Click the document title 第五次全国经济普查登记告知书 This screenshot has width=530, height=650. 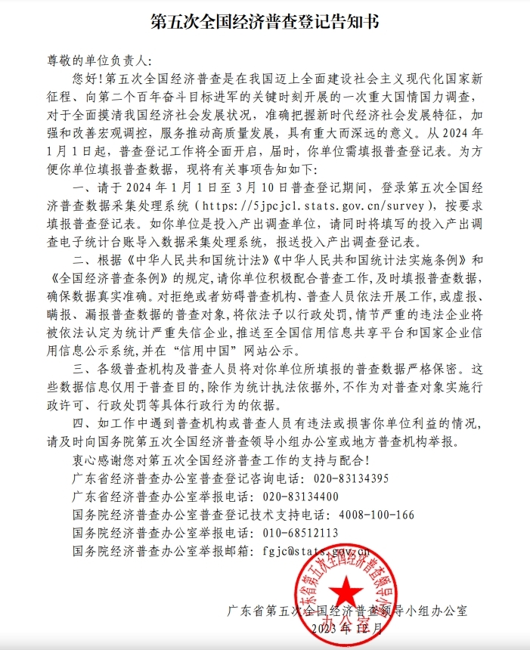coord(265,22)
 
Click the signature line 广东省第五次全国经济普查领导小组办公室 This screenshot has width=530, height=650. coord(347,609)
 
